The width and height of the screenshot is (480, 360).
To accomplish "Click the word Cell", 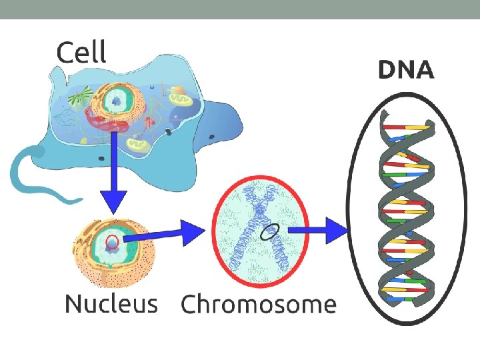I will click(x=81, y=51).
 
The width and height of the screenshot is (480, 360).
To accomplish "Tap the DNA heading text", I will click(x=406, y=70).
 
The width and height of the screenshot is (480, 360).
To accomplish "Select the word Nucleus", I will click(x=111, y=304).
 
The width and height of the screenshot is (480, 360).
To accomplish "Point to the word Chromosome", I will click(x=259, y=305).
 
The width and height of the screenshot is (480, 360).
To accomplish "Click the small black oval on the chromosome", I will click(x=269, y=231).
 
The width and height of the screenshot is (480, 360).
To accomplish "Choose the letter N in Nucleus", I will click(x=73, y=304).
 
